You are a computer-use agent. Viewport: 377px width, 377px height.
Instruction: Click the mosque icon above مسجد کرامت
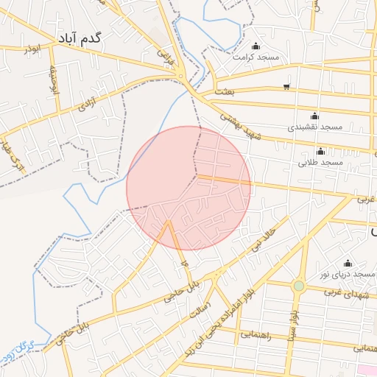(x=256, y=46)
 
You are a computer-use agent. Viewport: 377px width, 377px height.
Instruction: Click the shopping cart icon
(x=286, y=88)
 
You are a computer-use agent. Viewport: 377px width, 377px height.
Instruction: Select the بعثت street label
(x=225, y=91)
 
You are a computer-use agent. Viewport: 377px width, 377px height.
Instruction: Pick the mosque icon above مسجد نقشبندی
(x=315, y=116)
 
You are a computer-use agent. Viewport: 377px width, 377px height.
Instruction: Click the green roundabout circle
(x=298, y=286)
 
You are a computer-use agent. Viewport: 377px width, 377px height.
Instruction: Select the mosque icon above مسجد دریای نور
(x=348, y=263)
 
